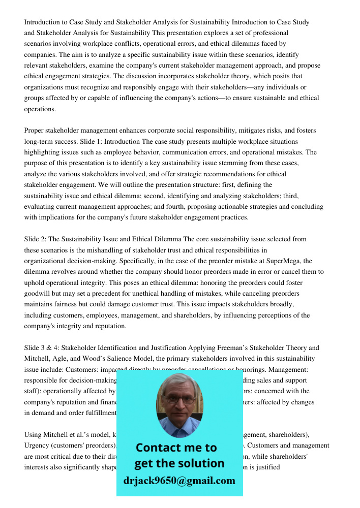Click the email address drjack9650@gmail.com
click(179, 480)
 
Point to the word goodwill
click(40, 293)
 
